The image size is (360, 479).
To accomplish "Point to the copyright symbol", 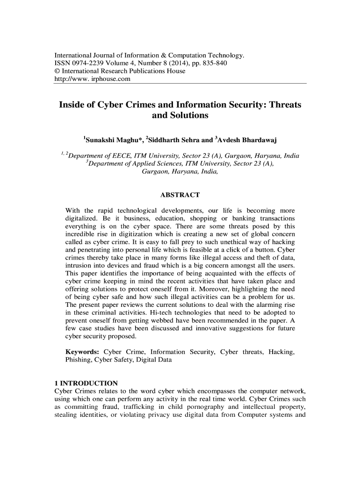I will [x=58, y=71].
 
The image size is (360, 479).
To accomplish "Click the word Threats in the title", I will [x=281, y=104].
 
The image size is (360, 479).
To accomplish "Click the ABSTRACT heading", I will [x=180, y=195].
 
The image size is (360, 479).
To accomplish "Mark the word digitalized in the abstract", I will [x=82, y=218].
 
